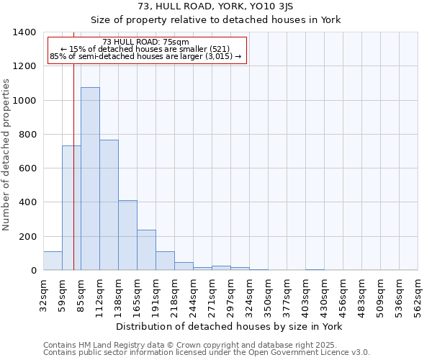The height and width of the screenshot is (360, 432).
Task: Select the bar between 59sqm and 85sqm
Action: coord(71,208)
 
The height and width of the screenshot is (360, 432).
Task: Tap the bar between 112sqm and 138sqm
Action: coord(109,205)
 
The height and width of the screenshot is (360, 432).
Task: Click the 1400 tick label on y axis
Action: coord(24,32)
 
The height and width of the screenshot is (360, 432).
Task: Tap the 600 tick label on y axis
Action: coord(28,168)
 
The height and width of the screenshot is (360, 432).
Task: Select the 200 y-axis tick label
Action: coord(28,237)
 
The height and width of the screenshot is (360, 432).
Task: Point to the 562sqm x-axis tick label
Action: coord(418,296)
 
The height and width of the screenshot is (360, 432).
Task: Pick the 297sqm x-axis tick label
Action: coord(230,296)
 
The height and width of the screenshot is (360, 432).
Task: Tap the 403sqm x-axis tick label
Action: coord(305,296)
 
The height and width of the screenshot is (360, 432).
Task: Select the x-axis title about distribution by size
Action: coord(229,327)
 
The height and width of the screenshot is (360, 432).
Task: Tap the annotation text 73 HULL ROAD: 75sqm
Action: coord(145,42)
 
